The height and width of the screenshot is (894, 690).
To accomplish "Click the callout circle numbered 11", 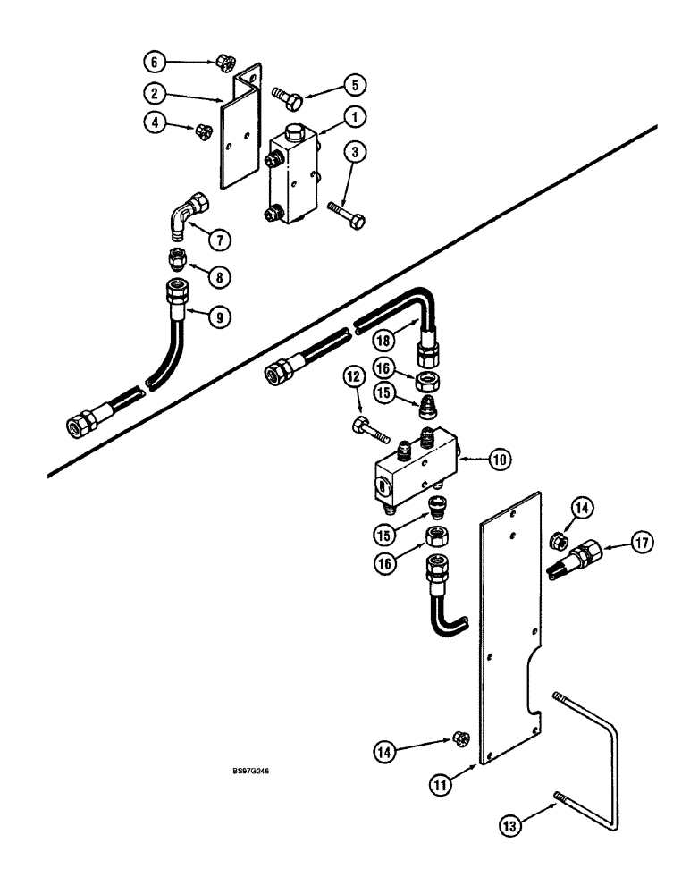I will (x=456, y=786).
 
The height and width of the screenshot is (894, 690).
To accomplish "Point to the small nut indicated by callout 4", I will (x=202, y=131).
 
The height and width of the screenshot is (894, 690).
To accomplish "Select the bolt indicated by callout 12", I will (x=372, y=427).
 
